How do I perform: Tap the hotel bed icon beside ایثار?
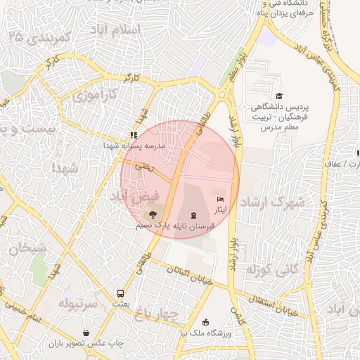coord(220,200)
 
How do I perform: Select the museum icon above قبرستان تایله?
coord(193,214)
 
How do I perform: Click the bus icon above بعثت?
coord(120,293)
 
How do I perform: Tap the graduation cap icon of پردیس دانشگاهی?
coord(279,96)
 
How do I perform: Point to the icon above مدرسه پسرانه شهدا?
coord(133,135)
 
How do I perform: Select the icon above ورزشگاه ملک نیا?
coord(205,322)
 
